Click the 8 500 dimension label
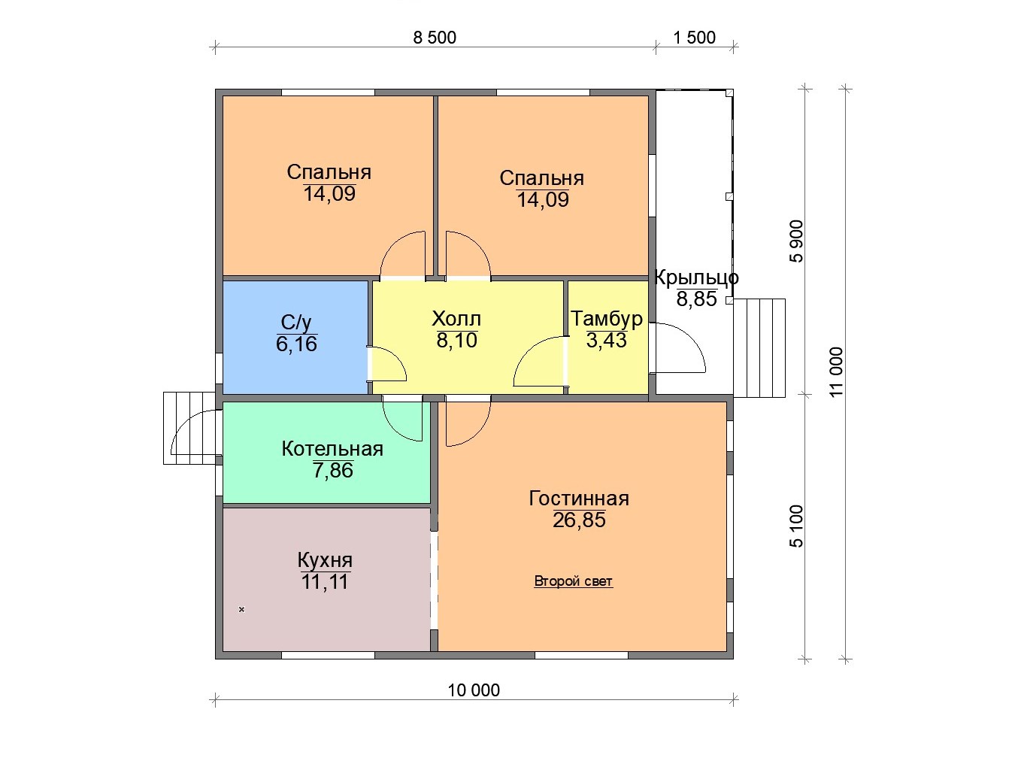coord(435,38)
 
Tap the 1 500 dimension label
coord(694,38)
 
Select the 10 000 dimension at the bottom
coord(474,690)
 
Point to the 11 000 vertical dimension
coord(836,371)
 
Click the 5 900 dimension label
coord(796,241)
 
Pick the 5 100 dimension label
coord(796,526)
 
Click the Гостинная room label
coord(579,499)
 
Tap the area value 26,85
coord(579,520)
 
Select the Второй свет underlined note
coord(573,581)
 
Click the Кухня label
coord(325,560)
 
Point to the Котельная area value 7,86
coord(332,471)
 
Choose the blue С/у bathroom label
coord(296,323)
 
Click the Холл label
coord(456,319)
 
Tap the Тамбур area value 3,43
coord(606,340)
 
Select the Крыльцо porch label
coord(696,277)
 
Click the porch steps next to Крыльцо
coord(759,348)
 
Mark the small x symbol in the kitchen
coord(241,610)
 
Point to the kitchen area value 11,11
coord(325,582)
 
